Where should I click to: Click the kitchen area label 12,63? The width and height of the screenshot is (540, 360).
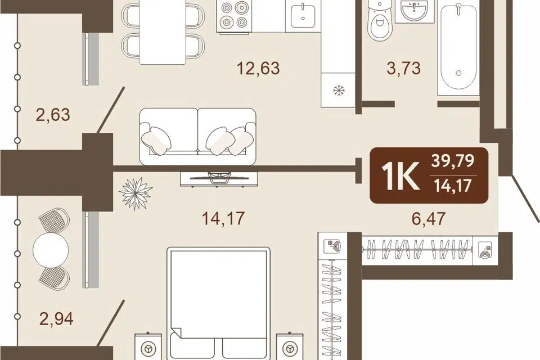[258, 68]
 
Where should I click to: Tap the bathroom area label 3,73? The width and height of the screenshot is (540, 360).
[404, 68]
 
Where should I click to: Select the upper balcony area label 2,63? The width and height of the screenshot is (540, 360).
[53, 114]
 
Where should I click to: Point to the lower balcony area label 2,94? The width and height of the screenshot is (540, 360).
[56, 319]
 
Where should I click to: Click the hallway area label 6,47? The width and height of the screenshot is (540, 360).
[429, 218]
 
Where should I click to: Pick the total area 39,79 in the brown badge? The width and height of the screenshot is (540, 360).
[453, 161]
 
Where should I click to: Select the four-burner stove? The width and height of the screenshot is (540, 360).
[233, 16]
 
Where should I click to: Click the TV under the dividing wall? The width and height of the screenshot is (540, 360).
[219, 178]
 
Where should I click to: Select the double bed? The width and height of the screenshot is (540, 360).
[219, 303]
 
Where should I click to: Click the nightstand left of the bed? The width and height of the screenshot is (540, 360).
[148, 346]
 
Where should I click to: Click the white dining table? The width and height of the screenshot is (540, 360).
[163, 32]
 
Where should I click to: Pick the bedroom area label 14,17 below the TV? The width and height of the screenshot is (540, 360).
[223, 218]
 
